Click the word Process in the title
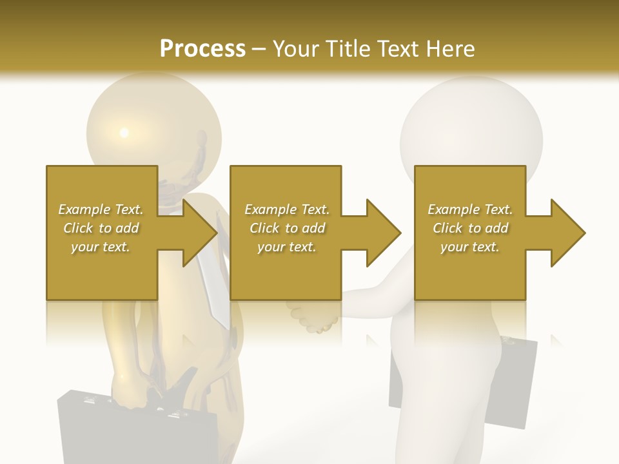(x=202, y=49)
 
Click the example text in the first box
(x=101, y=228)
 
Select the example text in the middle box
(x=287, y=228)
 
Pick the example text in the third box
(x=470, y=228)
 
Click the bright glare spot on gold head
(x=124, y=133)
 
